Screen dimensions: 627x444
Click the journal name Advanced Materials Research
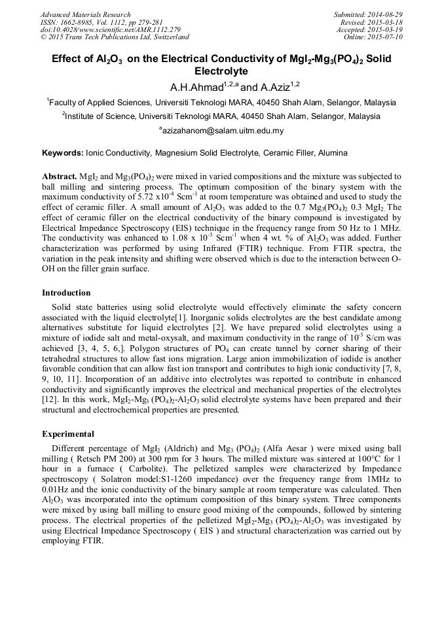85,14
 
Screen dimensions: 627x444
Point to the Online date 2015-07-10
387,37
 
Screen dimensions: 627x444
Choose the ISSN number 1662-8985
78,22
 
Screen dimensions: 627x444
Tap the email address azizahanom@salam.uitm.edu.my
223,131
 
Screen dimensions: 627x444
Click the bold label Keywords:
63,153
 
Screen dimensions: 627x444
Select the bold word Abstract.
59,177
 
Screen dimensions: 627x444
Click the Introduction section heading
66,292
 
